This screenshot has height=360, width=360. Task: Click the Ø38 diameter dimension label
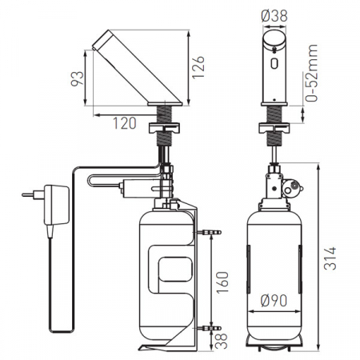click(x=274, y=15)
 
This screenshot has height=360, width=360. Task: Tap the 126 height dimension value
click(x=198, y=67)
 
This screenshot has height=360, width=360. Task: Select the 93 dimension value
click(x=78, y=78)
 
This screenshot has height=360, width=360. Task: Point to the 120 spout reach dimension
click(x=125, y=123)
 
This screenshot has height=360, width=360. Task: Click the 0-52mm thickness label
click(x=311, y=73)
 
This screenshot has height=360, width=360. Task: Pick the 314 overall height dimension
click(x=330, y=258)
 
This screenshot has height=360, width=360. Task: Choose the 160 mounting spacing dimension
click(x=222, y=282)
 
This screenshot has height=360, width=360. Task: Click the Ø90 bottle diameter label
click(x=274, y=301)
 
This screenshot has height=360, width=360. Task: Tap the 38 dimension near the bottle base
click(x=222, y=341)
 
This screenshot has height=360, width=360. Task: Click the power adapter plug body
click(x=57, y=205)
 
